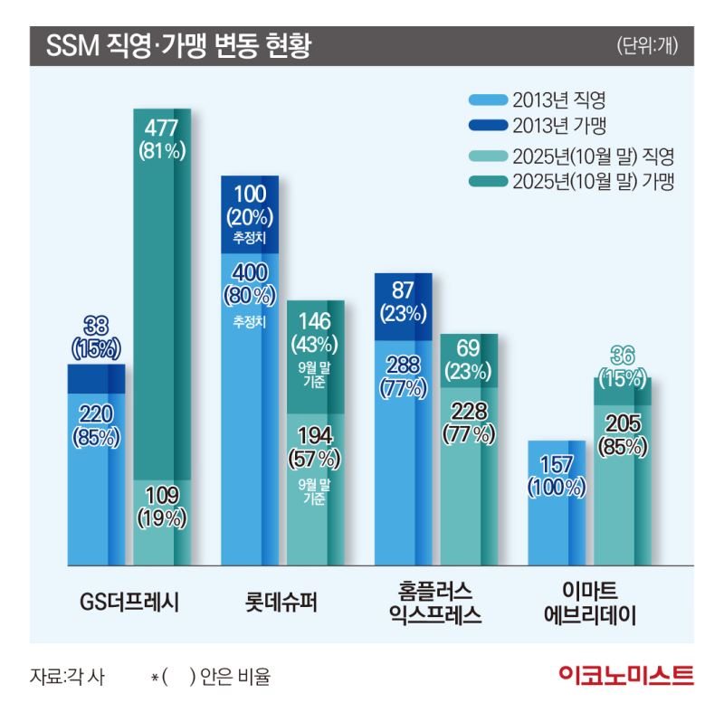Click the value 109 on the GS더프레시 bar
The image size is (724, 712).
coord(162,495)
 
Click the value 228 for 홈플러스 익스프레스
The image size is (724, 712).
coord(469,412)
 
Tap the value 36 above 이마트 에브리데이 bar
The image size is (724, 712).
coord(621,354)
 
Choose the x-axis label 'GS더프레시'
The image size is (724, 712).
coord(129,599)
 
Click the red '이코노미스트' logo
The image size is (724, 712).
coord(625,675)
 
